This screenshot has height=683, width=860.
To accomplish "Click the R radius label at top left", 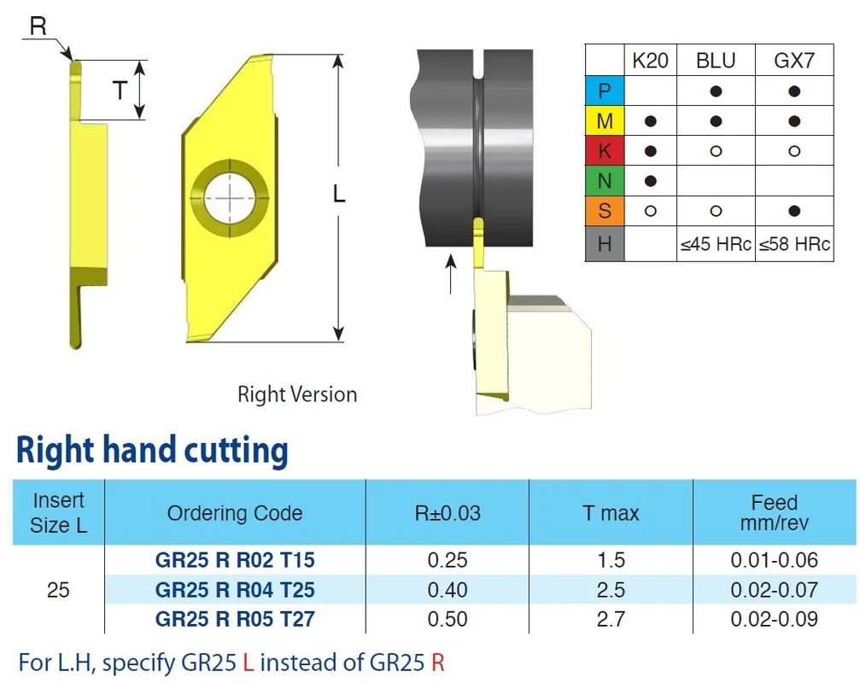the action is (x=38, y=26).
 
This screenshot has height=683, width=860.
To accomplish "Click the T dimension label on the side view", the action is (x=120, y=90).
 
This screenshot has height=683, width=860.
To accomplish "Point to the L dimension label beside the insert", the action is (x=339, y=194).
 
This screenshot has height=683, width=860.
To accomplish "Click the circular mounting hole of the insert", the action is (x=231, y=198).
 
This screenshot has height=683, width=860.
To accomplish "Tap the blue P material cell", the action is (x=605, y=90).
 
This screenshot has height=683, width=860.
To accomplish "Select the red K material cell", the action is (x=605, y=150).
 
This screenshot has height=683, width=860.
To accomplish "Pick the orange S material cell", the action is (x=605, y=211).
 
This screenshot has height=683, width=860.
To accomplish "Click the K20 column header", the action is (x=650, y=61).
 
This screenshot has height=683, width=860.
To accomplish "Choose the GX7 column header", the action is (x=794, y=61).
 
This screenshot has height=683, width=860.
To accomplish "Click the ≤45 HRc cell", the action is (x=716, y=244).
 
